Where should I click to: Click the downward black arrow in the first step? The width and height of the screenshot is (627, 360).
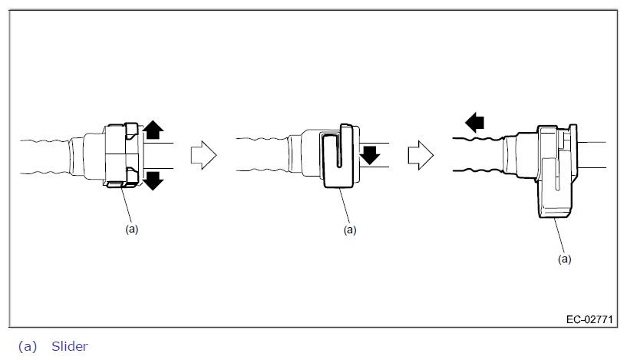point(153,180)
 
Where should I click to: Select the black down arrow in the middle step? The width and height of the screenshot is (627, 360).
point(371,156)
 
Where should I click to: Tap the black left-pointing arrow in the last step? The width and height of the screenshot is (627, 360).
point(475,121)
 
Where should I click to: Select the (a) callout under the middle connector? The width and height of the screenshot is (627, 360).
point(350,229)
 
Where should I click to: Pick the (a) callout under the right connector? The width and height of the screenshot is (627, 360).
point(564,259)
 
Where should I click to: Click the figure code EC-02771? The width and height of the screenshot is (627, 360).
point(589,318)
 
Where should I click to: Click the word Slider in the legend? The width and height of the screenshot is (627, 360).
point(70,346)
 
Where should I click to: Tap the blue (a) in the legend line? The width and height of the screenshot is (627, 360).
point(27,346)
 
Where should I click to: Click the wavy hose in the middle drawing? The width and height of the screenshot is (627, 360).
point(261,155)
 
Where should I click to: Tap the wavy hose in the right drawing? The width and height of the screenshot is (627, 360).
point(476,155)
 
